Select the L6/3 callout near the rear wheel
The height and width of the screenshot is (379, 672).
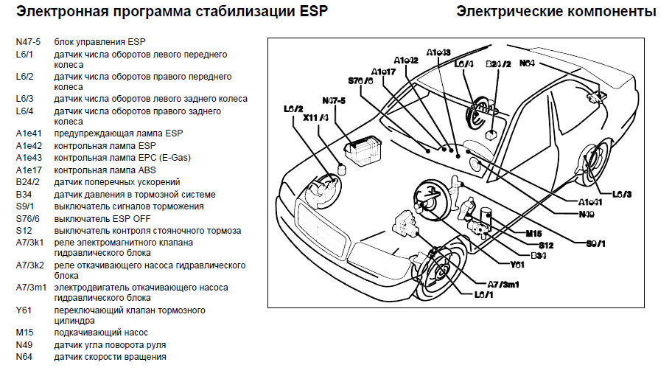click(x=622, y=194)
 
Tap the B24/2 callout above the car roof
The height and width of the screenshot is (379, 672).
click(x=498, y=64)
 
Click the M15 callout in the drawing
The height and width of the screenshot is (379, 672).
click(x=533, y=233)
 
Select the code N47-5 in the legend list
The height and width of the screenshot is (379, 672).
click(x=28, y=43)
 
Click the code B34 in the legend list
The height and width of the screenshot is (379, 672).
click(x=24, y=195)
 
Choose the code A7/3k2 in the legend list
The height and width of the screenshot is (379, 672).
click(x=30, y=264)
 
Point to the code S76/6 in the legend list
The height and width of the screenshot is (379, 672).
click(x=28, y=218)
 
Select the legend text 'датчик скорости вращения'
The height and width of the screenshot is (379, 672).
click(x=110, y=357)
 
